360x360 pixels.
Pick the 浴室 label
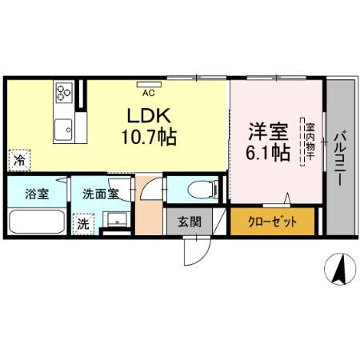click(x=35, y=194)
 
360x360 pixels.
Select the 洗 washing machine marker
click(x=82, y=224)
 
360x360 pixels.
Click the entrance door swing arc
click(x=194, y=250)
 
